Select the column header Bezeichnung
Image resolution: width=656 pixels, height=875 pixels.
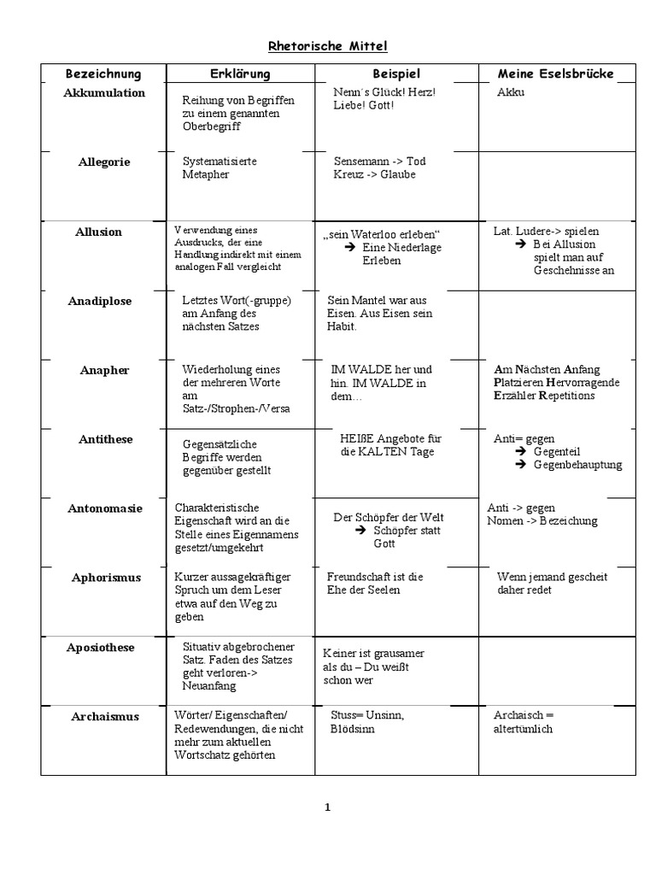pyautogui.click(x=103, y=74)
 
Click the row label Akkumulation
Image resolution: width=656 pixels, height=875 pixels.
pyautogui.click(x=104, y=93)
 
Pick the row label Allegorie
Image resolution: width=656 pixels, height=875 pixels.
pyautogui.click(x=104, y=161)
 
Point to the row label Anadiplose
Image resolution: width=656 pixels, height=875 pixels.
pyautogui.click(x=100, y=301)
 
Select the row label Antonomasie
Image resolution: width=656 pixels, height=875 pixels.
pyautogui.click(x=105, y=508)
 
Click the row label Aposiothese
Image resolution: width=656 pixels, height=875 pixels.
pyautogui.click(x=101, y=648)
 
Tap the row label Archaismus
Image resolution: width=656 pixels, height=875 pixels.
pyautogui.click(x=105, y=716)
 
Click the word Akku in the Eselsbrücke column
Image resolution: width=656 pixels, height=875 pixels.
pyautogui.click(x=511, y=92)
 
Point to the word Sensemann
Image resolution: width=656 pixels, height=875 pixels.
pyautogui.click(x=359, y=161)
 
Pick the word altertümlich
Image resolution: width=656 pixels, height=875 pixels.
pyautogui.click(x=524, y=729)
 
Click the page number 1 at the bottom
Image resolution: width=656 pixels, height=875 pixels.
pyautogui.click(x=328, y=807)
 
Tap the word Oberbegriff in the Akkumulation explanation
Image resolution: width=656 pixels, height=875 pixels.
pyautogui.click(x=212, y=126)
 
